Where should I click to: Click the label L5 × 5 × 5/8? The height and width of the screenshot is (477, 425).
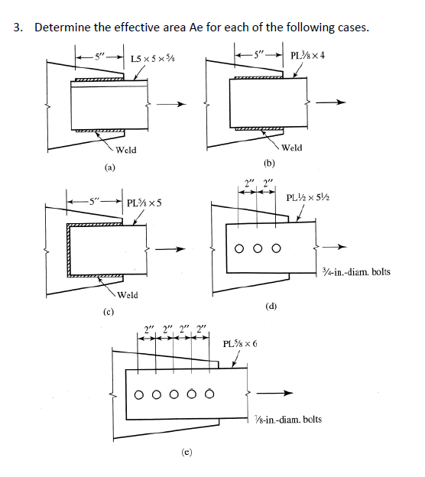152,58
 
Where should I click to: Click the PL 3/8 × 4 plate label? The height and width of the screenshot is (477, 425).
310,55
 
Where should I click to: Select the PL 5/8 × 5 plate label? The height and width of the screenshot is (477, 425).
150,203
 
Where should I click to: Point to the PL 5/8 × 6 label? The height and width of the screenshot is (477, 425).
239,343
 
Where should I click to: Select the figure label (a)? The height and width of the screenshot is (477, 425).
111,166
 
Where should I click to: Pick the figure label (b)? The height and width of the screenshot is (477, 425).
268,162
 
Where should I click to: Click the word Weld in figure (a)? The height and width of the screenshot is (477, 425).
127,150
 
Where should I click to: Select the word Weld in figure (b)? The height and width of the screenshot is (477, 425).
292,147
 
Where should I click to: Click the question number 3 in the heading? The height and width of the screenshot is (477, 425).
18,28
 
